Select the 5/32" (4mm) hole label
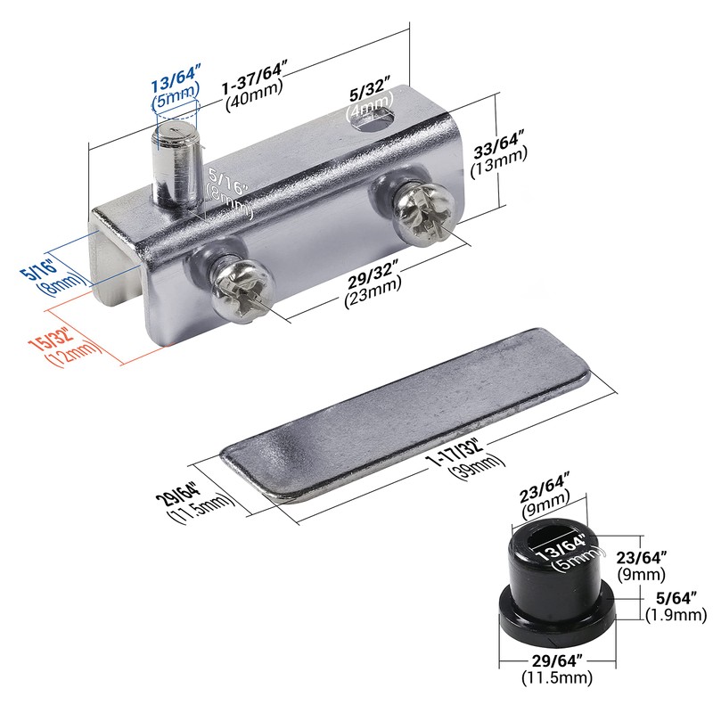pos(368,99)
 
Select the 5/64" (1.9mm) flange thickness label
pos(674,607)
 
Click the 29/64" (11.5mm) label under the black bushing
pos(557,669)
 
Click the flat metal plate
pos(406,410)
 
